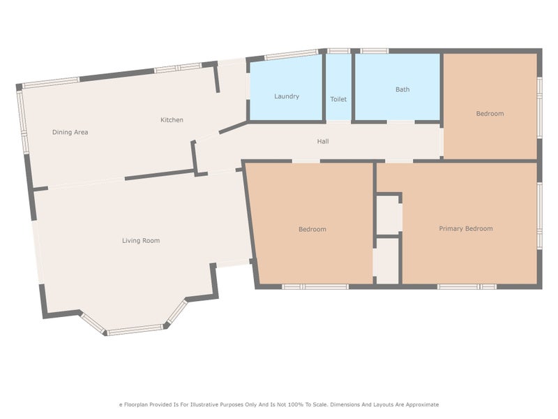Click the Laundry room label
(287, 96)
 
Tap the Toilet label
(338, 99)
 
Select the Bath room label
(402, 89)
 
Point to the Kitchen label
(172, 119)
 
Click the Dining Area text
(70, 132)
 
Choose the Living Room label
(141, 240)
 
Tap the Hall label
(323, 142)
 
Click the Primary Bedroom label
(466, 229)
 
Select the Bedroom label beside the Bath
(490, 114)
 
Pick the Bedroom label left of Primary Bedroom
(312, 229)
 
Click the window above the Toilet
(338, 51)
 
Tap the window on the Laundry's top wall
(292, 54)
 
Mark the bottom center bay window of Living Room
(135, 330)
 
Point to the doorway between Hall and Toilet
(339, 122)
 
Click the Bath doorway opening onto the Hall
(400, 122)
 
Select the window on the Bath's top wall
(375, 51)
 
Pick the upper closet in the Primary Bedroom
(389, 215)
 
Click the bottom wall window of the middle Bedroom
(315, 286)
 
